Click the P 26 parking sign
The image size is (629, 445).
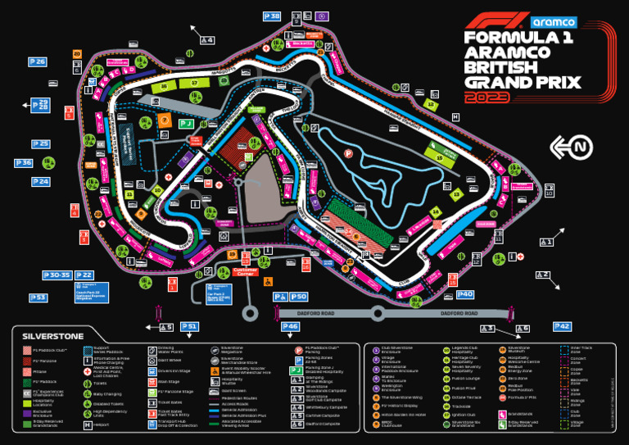tap(37, 62)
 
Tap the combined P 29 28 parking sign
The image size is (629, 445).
tap(39, 104)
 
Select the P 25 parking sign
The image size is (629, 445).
tap(40, 143)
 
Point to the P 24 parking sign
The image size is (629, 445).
tap(40, 181)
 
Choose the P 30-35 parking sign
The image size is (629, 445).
tap(57, 275)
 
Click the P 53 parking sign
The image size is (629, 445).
tap(38, 297)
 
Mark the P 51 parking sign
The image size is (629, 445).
tap(189, 326)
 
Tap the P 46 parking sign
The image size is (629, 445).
tap(290, 326)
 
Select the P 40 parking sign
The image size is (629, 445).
tap(464, 294)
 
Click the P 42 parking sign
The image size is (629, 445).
tap(561, 326)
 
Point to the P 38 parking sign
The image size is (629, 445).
tap(272, 16)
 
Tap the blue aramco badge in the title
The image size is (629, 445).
tap(554, 22)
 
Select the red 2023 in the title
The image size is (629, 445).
tap(486, 98)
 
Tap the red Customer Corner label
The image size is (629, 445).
tap(245, 271)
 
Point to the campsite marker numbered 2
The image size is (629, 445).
tap(542, 275)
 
